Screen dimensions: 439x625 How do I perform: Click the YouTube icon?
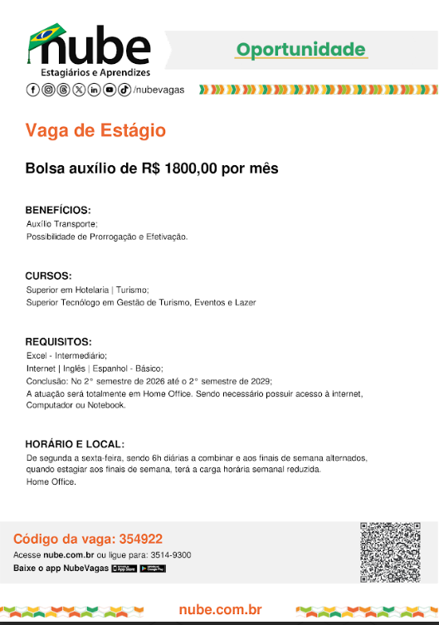109,90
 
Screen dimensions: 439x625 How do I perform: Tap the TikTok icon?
124,90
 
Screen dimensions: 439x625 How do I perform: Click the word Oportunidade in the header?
300,50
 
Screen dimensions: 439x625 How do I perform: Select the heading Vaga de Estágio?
95,130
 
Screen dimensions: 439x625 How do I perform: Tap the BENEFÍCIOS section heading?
57,210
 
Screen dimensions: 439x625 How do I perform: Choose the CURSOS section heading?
48,276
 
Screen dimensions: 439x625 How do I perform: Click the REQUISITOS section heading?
58,341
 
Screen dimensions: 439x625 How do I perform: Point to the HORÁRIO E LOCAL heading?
75,444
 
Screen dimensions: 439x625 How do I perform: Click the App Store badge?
124,569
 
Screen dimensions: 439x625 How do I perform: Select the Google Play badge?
153,569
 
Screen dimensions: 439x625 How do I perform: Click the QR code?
390,553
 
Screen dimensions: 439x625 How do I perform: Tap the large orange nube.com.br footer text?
220,610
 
